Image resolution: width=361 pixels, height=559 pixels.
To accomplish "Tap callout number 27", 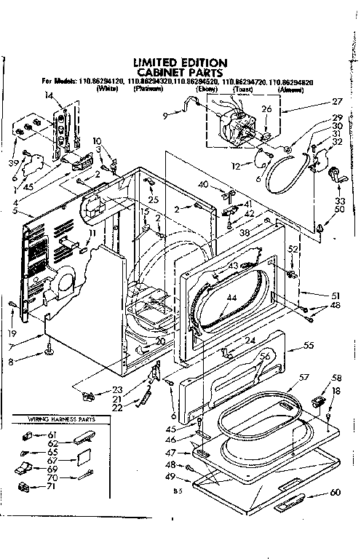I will (337, 103).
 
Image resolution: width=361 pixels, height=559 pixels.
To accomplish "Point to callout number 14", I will (49, 95).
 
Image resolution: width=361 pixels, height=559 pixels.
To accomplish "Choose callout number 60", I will (335, 493).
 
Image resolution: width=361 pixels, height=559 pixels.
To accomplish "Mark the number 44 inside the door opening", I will (232, 298).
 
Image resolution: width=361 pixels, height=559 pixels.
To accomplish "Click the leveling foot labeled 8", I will (49, 353).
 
